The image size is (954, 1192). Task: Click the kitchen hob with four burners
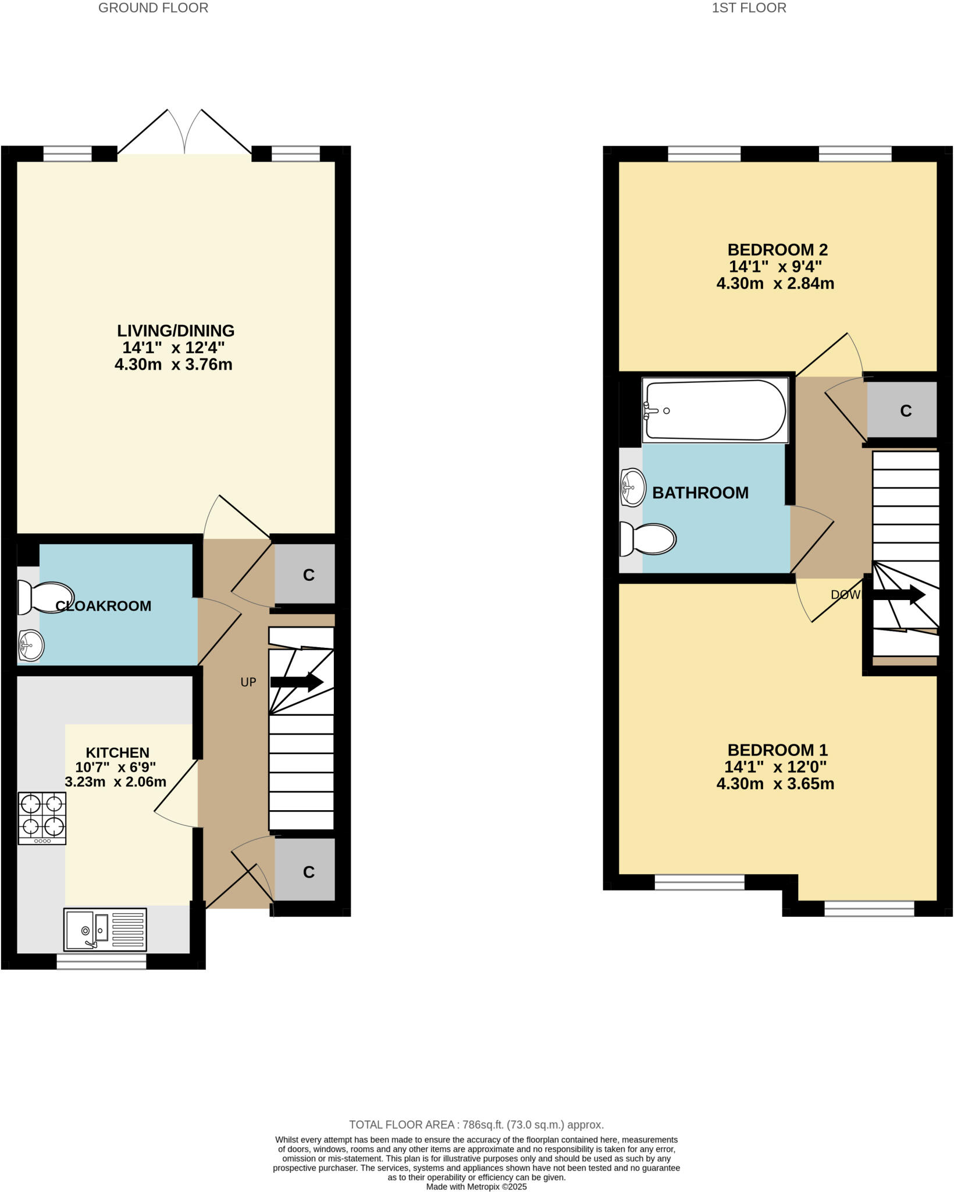(x=42, y=818)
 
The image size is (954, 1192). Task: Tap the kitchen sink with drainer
(x=105, y=930)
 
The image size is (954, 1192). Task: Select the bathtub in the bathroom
(x=715, y=410)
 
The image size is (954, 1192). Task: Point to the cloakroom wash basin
(x=31, y=645)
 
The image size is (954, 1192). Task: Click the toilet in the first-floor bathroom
(x=647, y=539)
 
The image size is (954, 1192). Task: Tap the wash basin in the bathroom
(x=633, y=487)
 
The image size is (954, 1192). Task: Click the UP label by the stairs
(x=248, y=682)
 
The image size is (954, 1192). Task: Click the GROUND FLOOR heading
(x=153, y=8)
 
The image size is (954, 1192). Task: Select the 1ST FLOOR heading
(x=749, y=8)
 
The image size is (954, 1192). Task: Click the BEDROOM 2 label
(x=777, y=250)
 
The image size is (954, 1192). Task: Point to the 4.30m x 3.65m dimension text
(x=775, y=783)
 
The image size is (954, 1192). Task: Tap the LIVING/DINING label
(x=176, y=331)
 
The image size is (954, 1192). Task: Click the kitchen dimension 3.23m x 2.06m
(x=115, y=782)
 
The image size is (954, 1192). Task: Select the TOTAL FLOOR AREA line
(x=476, y=1124)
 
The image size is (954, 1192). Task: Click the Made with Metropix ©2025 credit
(x=476, y=1186)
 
